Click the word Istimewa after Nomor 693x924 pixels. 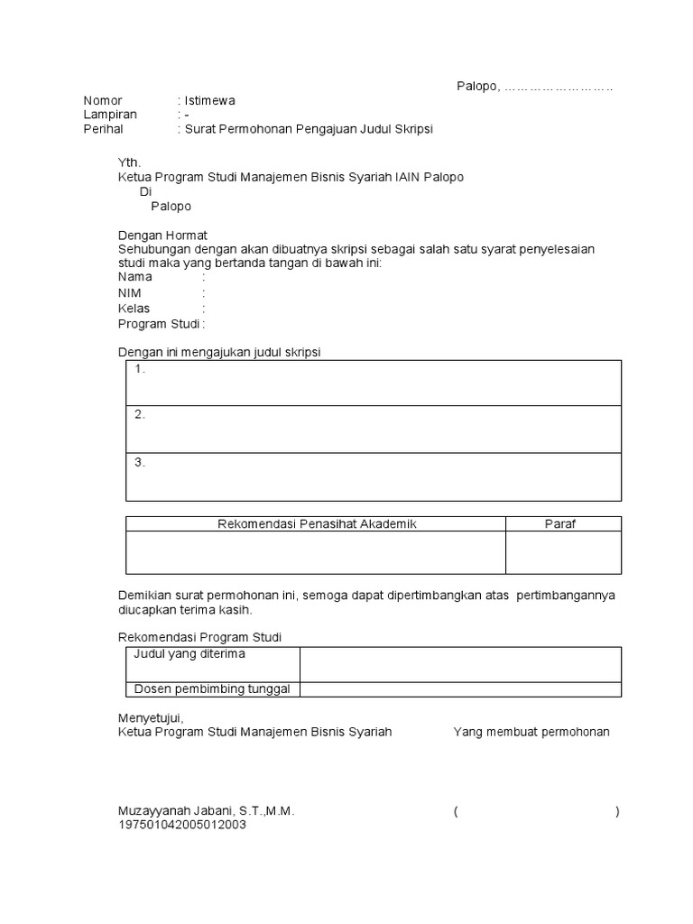[209, 100]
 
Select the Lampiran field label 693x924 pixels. [110, 115]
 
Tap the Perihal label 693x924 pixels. [103, 129]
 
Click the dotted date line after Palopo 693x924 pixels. [559, 86]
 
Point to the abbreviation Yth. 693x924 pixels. [130, 162]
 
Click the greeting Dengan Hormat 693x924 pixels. [162, 235]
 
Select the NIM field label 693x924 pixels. [130, 293]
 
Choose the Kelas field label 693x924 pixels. [134, 309]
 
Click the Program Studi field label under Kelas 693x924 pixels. [159, 324]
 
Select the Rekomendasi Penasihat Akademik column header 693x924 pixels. [317, 524]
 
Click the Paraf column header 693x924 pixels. [559, 524]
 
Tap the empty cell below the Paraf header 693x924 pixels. [563, 552]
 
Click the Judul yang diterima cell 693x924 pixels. [189, 654]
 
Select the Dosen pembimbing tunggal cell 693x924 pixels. [212, 689]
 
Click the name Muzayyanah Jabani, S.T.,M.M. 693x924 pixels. [207, 811]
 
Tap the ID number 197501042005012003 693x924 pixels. [182, 825]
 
